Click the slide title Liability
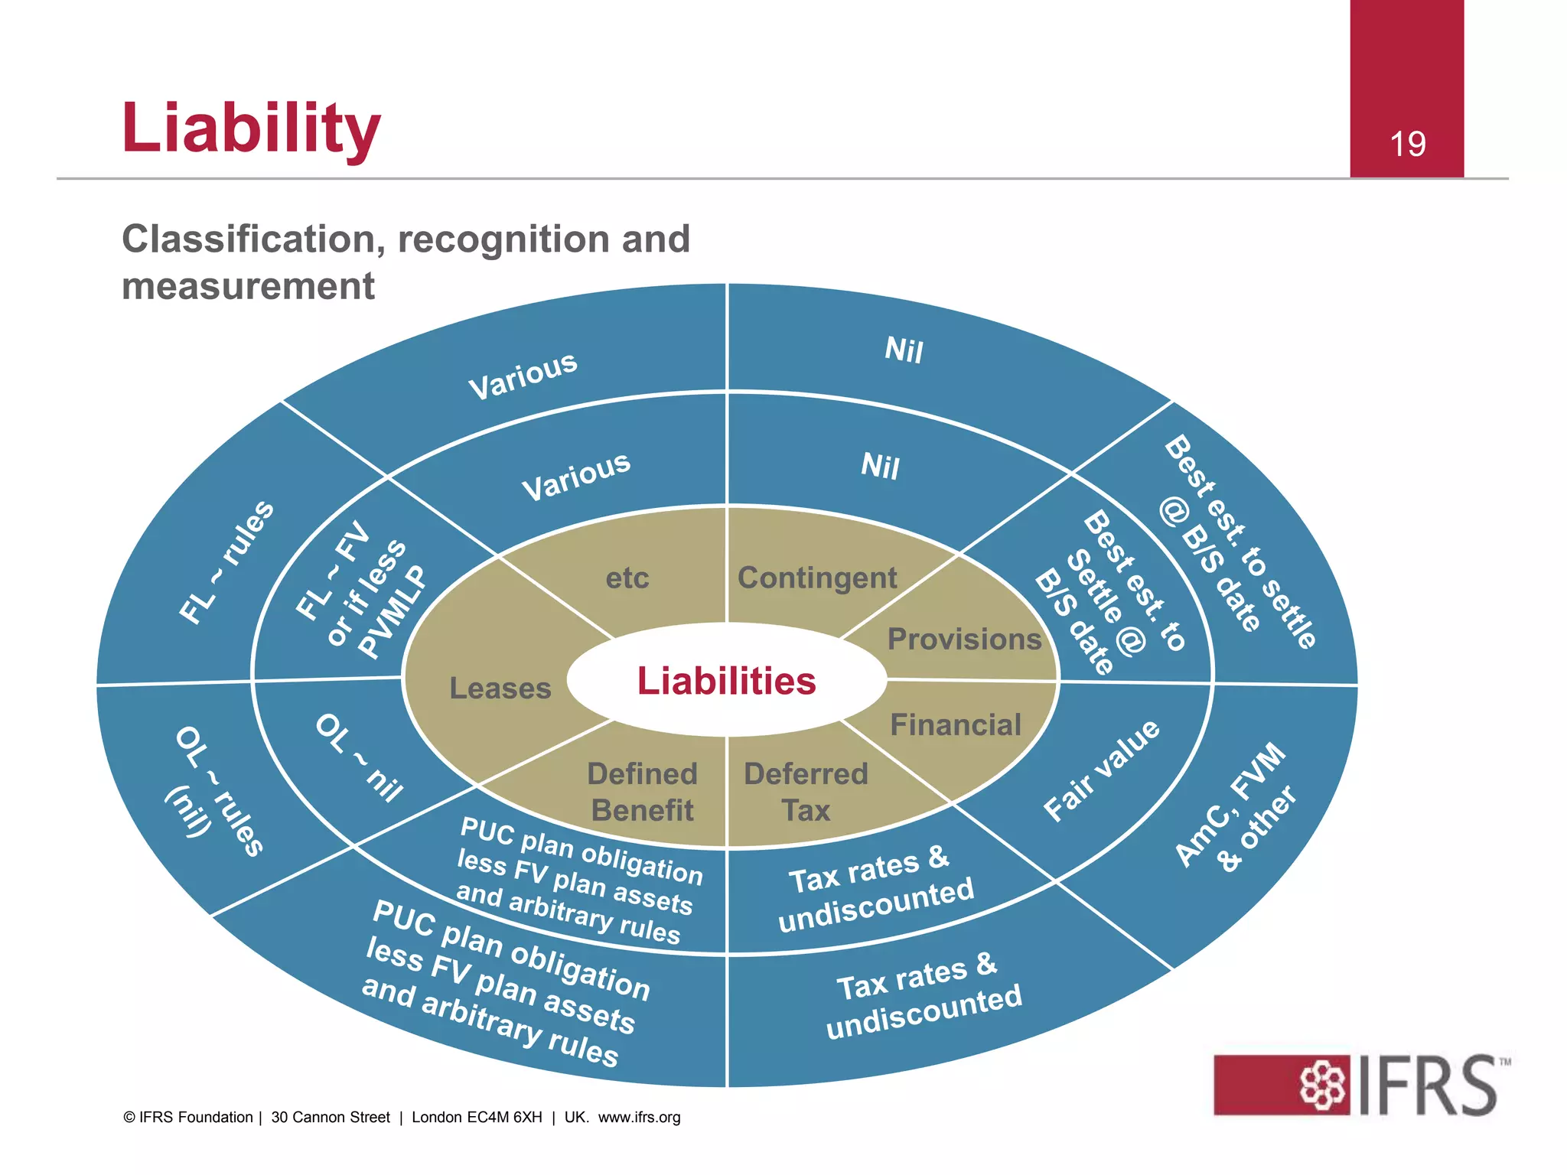251,128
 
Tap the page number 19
1407,145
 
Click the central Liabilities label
726,681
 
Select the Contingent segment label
817,578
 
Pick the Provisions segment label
964,640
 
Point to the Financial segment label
956,724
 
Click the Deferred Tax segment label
806,792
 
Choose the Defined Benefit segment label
642,792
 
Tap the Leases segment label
500,688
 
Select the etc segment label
627,578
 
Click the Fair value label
1102,770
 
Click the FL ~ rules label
226,562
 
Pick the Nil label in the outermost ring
904,350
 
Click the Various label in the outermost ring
523,375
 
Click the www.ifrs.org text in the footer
639,1118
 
